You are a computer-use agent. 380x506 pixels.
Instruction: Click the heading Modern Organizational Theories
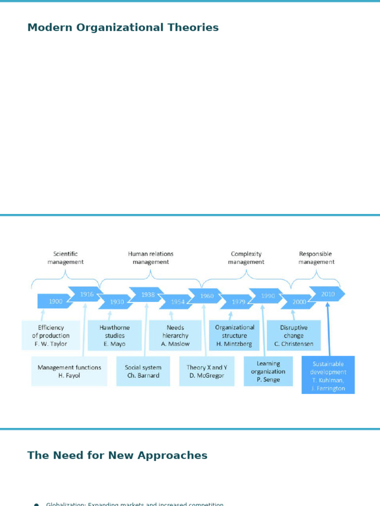click(123, 28)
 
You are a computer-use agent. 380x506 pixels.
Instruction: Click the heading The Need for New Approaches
click(117, 456)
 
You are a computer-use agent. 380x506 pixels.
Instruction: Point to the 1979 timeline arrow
click(238, 302)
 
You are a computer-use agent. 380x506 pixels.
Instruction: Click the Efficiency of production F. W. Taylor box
click(51, 335)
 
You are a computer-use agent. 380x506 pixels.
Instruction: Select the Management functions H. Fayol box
click(69, 371)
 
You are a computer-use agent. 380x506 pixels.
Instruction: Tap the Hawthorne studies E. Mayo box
click(115, 335)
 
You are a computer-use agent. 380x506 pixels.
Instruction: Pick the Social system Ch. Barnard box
click(143, 371)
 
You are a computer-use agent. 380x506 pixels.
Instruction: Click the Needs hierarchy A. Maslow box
click(175, 335)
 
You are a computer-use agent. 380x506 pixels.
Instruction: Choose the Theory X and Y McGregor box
click(207, 371)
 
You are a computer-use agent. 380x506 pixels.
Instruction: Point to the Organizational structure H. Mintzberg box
click(235, 335)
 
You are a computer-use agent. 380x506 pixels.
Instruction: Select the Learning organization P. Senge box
click(268, 372)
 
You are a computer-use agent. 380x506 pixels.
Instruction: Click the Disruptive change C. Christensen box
click(293, 335)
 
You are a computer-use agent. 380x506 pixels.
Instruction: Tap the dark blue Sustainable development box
click(328, 375)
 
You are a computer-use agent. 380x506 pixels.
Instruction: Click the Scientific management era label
click(66, 258)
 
